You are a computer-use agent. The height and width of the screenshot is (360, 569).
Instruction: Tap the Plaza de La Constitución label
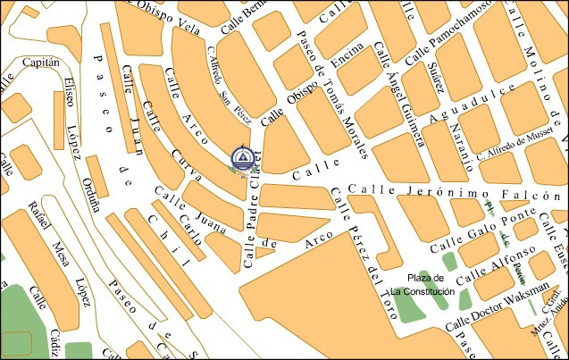tap(422, 285)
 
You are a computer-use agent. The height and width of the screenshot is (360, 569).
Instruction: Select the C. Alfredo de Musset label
tap(522, 143)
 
